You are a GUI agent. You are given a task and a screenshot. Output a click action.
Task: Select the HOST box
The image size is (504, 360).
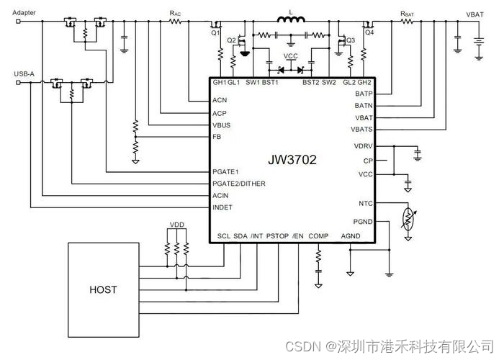pos(103,290)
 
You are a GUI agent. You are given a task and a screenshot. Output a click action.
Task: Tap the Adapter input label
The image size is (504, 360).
pos(26,13)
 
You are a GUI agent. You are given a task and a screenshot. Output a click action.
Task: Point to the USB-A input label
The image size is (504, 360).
pos(24,73)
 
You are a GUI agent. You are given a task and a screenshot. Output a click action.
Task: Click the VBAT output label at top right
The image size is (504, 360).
pos(474,14)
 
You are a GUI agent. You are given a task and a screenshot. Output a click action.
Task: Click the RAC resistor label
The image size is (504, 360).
pos(175,13)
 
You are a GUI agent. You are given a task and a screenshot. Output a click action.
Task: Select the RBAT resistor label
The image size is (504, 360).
pos(407,13)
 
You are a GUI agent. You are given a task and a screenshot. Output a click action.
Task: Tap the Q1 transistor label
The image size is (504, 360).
pos(215,32)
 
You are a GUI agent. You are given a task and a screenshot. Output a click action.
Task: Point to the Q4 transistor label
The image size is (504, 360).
pos(369,32)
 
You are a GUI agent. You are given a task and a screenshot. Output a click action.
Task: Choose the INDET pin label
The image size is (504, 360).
pos(222,207)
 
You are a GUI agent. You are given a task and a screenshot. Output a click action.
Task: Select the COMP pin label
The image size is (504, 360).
pos(318,236)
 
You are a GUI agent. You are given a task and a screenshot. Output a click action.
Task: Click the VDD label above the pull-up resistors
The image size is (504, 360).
pos(176,225)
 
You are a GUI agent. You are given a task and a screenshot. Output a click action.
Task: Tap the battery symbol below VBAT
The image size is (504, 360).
pos(474,40)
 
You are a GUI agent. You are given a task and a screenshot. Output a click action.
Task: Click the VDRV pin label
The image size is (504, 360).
pos(364,146)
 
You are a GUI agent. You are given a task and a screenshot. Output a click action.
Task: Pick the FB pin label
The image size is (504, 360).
pos(217,136)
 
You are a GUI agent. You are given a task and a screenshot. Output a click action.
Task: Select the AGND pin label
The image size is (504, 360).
pos(351,236)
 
